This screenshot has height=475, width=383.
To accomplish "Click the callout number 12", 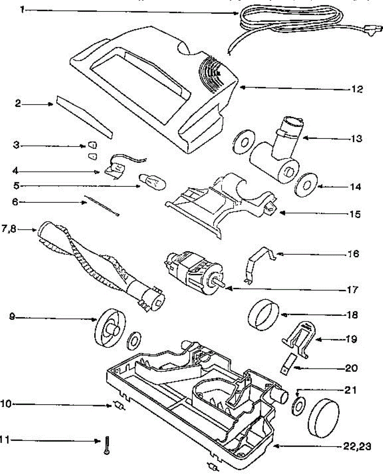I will coord(357,89).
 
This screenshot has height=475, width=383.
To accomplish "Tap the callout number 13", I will coord(356,139).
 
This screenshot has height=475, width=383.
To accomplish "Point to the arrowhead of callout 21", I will coord(298,393).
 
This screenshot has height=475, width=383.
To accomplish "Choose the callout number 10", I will coord(7,404).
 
